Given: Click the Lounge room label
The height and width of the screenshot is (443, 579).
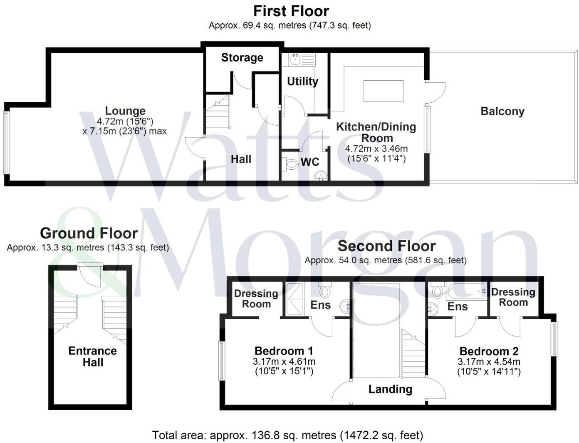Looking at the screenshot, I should tap(125, 111).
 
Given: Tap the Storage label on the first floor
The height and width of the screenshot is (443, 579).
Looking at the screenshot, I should tap(242, 57).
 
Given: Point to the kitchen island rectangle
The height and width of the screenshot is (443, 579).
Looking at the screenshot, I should tap(383, 91).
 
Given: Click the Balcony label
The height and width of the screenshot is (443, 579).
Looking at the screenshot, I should tap(502, 111).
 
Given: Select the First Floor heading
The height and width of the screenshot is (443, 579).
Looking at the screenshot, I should tap(291, 11).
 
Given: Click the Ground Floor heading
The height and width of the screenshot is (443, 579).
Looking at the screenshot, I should tap(89, 233).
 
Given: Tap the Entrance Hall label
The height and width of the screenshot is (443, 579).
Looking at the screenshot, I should tap(92, 356).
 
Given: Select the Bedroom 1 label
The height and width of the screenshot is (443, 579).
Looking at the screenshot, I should tap(284, 351).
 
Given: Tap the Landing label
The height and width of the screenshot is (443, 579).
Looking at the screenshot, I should tap(390, 389).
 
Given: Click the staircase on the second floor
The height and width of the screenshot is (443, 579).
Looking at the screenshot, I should tap(413, 354).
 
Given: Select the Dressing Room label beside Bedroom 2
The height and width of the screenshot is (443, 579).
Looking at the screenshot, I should tap(513, 297).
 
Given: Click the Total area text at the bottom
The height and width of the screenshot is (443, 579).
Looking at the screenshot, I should tap(287, 436).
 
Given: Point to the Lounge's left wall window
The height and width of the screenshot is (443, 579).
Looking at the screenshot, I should tap(6, 142).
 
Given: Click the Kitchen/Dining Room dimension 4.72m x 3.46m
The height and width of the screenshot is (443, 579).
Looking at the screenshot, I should tap(376, 149).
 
